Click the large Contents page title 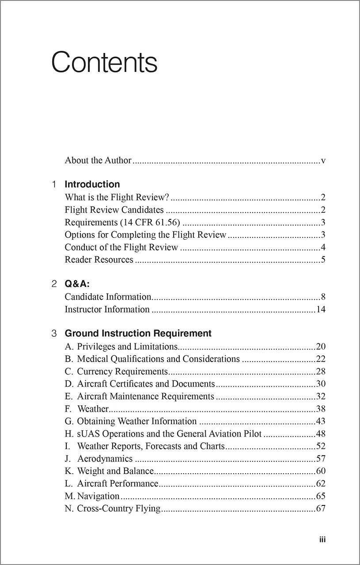click(x=104, y=63)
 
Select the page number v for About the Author click(x=323, y=161)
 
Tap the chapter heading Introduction click(x=92, y=185)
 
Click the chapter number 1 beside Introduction click(x=54, y=185)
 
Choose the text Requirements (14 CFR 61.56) click(x=122, y=222)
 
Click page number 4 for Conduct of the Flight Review click(x=323, y=247)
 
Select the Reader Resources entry click(x=99, y=260)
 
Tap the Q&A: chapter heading click(x=77, y=284)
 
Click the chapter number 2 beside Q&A click(x=54, y=284)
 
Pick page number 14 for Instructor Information click(x=321, y=309)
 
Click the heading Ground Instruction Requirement click(x=138, y=333)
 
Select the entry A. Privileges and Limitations click(x=121, y=347)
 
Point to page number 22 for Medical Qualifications click(x=321, y=359)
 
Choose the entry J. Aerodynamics click(x=99, y=459)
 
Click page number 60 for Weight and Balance click(x=321, y=471)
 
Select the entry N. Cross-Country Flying click(x=113, y=508)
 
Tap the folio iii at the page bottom click(x=322, y=539)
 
